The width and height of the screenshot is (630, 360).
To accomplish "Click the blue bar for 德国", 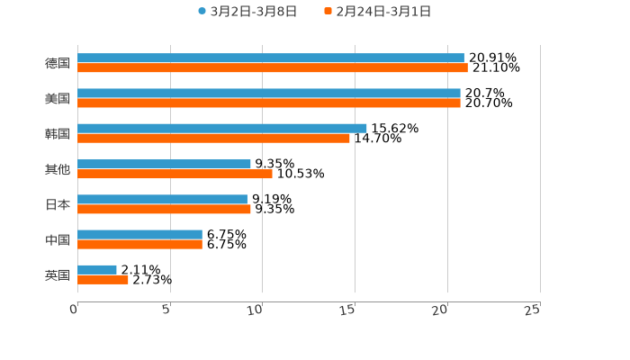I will coord(270,58).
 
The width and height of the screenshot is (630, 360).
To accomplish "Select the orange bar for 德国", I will coord(272,68).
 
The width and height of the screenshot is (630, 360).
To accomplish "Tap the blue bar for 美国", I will coord(268,94).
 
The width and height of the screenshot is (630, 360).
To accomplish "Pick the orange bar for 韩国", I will coord(213,139).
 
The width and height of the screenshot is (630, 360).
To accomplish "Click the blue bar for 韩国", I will coord(221,129).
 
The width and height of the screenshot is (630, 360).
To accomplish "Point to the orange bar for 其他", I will coord(175,174).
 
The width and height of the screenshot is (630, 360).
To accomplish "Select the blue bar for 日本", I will coord(162,199).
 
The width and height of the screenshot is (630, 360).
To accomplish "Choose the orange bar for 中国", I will coord(139,244).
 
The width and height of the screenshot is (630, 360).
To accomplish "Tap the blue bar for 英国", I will coord(97,269).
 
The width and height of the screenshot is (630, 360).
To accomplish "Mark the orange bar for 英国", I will coord(103,279).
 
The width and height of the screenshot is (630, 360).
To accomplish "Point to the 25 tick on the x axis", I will coord(533,310).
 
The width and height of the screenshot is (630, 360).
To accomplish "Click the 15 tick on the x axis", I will coord(348,310).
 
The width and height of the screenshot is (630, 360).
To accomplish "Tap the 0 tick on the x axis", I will coord(74,310).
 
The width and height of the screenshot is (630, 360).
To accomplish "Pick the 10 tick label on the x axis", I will coord(256,310).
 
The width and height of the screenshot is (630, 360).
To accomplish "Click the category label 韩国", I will coord(58,134).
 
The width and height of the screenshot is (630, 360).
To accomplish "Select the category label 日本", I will coord(58,204).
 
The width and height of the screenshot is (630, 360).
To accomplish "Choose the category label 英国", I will coord(58,274).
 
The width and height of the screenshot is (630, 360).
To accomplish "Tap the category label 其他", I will coord(58,169).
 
